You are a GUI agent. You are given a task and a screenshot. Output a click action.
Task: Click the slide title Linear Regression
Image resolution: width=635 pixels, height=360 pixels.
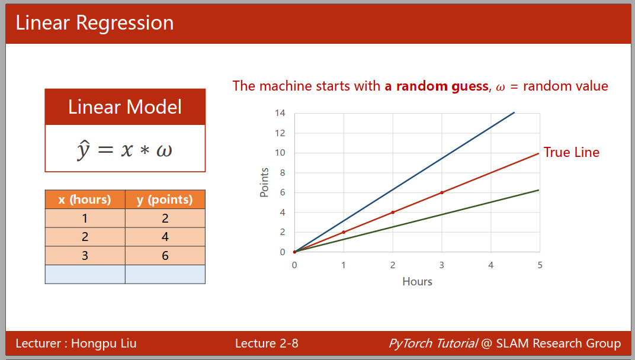click(94, 22)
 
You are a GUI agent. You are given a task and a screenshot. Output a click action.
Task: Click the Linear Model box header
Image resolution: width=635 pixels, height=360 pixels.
click(125, 107)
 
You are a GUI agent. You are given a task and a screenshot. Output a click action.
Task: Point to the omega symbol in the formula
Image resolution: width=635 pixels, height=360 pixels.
click(164, 150)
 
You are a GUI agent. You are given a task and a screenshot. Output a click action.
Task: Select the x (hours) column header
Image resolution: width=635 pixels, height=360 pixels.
click(85, 199)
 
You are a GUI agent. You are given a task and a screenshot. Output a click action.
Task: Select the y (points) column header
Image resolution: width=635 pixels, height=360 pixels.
click(165, 199)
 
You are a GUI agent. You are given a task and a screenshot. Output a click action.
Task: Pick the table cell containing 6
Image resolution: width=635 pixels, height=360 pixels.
click(165, 256)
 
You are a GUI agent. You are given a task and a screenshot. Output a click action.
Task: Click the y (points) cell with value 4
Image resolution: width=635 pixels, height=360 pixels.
click(165, 237)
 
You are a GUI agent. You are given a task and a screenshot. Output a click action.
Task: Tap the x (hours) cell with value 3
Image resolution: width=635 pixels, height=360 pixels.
click(85, 256)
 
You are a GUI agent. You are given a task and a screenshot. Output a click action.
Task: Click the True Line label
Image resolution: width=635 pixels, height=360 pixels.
click(572, 152)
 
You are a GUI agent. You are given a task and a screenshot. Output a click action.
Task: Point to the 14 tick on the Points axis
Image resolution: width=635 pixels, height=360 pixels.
click(280, 113)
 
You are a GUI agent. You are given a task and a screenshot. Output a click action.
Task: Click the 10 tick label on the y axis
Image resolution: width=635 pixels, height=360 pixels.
click(280, 153)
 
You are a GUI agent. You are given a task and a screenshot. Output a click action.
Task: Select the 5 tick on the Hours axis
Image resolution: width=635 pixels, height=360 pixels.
click(540, 265)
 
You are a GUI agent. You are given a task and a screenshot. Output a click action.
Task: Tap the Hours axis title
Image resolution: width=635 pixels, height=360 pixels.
click(417, 281)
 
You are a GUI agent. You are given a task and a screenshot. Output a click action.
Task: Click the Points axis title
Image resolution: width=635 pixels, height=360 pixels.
click(264, 182)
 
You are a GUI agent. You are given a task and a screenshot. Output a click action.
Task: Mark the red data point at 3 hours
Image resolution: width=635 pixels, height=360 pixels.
click(442, 192)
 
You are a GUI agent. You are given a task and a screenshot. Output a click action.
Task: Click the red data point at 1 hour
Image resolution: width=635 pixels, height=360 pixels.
click(344, 232)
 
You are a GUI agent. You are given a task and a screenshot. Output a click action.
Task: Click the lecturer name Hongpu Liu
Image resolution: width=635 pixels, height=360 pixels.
click(104, 343)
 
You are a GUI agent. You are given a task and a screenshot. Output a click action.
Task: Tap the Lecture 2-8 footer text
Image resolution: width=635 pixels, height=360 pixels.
click(267, 343)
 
